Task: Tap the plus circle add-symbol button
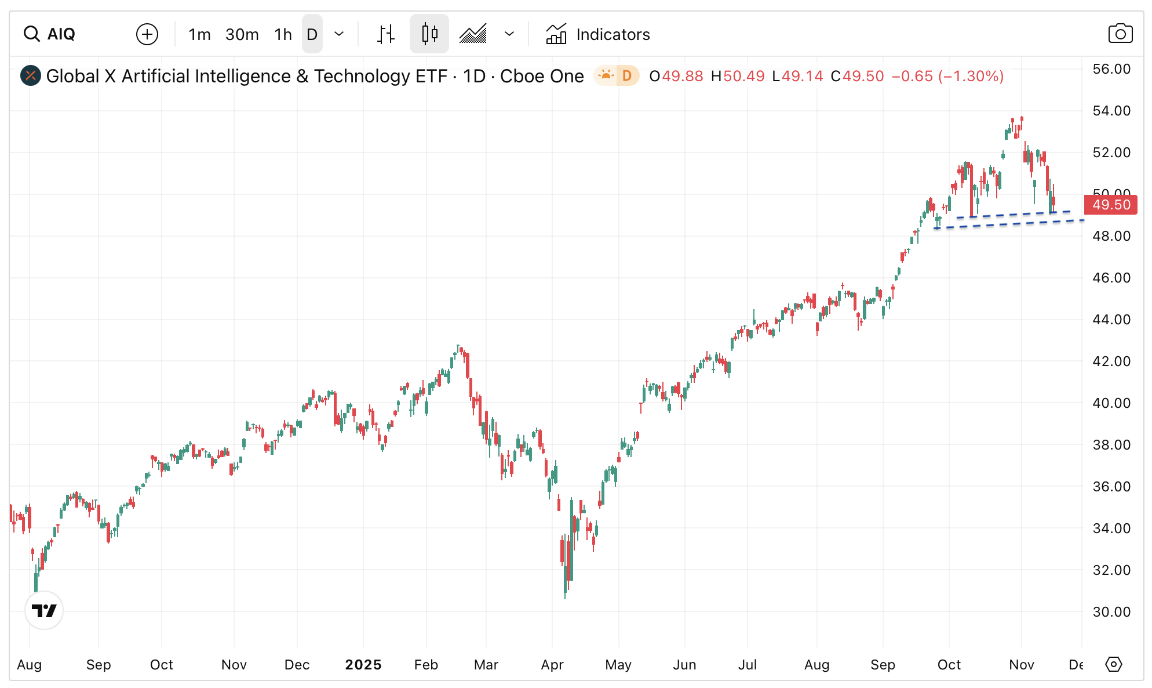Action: point(147,34)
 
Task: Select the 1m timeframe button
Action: point(199,35)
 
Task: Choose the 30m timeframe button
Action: point(242,35)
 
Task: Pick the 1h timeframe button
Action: point(283,35)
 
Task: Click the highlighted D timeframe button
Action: point(312,35)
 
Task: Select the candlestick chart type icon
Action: point(429,34)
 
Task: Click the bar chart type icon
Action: point(386,34)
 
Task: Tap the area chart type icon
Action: point(473,34)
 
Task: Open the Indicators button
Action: point(598,35)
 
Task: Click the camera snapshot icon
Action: point(1120,34)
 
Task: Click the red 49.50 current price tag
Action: point(1111,205)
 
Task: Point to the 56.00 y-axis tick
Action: point(1111,69)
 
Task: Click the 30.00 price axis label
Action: point(1111,611)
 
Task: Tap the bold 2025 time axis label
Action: point(363,665)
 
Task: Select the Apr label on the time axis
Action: point(552,665)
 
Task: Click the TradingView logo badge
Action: point(44,610)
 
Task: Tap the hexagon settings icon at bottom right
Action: point(1114,664)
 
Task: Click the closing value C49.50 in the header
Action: point(858,77)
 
